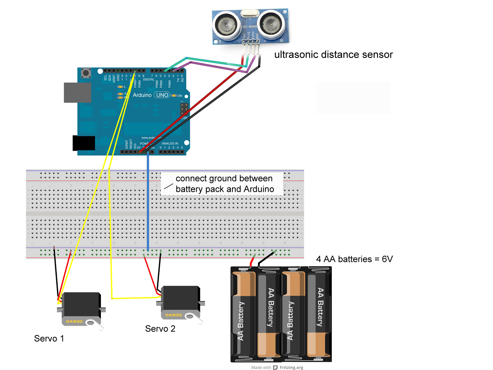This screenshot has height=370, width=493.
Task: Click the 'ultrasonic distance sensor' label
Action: [x=333, y=55]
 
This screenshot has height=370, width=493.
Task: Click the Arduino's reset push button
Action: [x=86, y=73]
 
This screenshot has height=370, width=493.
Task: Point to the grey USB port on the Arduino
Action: [x=77, y=92]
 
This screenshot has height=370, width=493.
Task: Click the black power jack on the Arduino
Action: [x=84, y=143]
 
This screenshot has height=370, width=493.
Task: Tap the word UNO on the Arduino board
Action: [x=162, y=95]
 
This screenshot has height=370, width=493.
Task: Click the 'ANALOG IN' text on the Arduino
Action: [x=170, y=143]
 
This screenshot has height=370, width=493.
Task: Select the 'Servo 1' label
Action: [x=49, y=339]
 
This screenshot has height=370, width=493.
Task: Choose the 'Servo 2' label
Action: [x=160, y=329]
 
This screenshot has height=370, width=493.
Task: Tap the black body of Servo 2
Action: [x=181, y=298]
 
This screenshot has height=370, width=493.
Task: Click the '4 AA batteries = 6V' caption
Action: [x=354, y=259]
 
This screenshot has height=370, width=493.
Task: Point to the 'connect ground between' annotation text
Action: [x=224, y=179]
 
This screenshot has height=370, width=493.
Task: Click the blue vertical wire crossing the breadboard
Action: [x=148, y=200]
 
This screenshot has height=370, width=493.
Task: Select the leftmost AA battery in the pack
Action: [x=243, y=314]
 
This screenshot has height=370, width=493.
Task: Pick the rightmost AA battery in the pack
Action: [x=319, y=314]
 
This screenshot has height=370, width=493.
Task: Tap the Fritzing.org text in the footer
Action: [x=291, y=367]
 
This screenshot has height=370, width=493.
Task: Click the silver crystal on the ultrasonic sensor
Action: [x=250, y=13]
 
